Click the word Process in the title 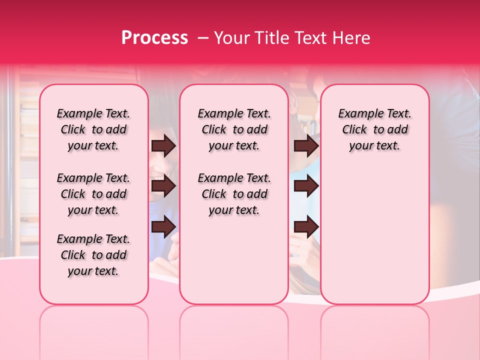click(154, 38)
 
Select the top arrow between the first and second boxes click(163, 146)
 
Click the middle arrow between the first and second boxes click(163, 186)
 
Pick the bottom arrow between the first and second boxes click(163, 227)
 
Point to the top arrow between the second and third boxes click(306, 146)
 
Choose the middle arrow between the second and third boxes click(306, 186)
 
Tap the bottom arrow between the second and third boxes click(306, 227)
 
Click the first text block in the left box click(93, 129)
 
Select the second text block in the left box click(93, 194)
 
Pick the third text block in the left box click(93, 255)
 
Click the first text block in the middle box click(234, 129)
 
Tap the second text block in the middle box click(234, 194)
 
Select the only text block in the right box click(375, 129)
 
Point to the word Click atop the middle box click(214, 130)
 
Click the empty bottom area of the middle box click(234, 265)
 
